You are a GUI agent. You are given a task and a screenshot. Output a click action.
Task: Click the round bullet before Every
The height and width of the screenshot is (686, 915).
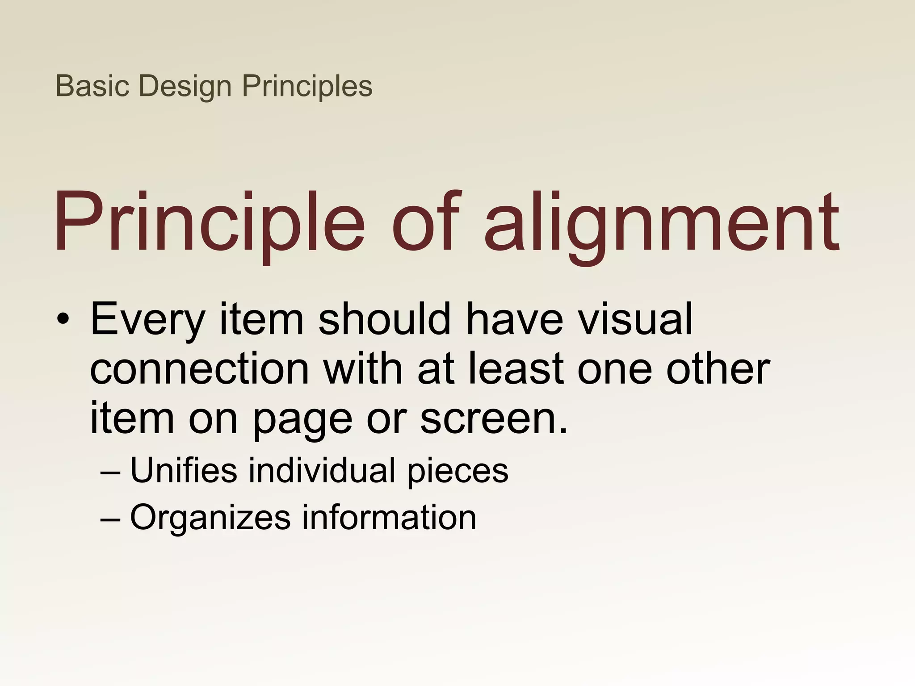pos(63,319)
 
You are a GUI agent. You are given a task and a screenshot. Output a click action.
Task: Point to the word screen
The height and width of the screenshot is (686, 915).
pos(493,420)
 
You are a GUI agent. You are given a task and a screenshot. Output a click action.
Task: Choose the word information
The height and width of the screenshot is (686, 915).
pos(389,518)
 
